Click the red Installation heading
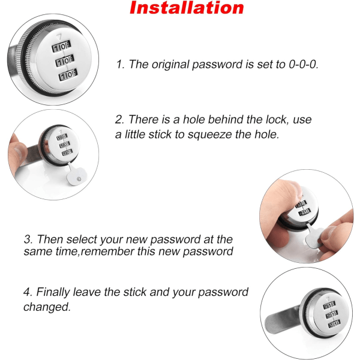coord(187,8)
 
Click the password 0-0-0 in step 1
coord(304,64)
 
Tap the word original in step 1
coord(170,65)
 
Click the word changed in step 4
coord(47,307)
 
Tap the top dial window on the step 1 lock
coord(61,46)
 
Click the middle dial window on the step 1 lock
coord(65,61)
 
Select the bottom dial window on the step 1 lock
coord(68,74)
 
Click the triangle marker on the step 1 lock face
coord(59,37)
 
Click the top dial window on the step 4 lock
coord(329,305)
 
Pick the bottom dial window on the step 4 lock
coord(334,324)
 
